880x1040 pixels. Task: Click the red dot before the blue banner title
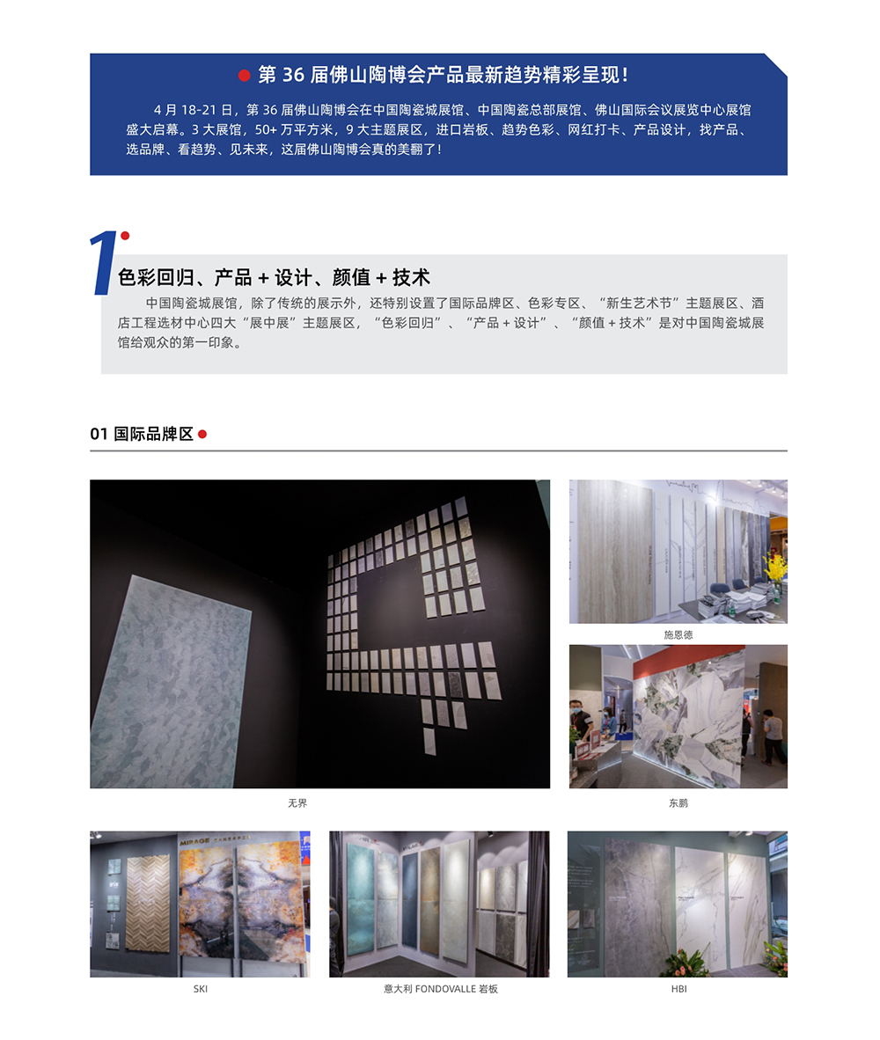click(x=245, y=76)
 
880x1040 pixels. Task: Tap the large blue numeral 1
click(x=104, y=262)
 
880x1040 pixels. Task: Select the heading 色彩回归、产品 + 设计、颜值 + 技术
click(x=274, y=277)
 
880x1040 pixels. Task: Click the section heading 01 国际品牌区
click(x=142, y=434)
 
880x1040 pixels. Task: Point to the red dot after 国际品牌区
click(x=202, y=434)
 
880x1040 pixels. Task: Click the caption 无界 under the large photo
click(x=297, y=803)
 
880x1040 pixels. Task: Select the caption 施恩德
click(x=678, y=634)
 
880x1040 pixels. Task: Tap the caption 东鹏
click(x=678, y=803)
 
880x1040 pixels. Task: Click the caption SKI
click(x=200, y=989)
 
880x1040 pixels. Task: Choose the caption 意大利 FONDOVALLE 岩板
click(x=440, y=989)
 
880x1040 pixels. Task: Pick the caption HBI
click(x=678, y=989)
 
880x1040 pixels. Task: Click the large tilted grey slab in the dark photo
click(x=172, y=682)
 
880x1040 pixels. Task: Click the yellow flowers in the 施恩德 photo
click(x=774, y=568)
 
